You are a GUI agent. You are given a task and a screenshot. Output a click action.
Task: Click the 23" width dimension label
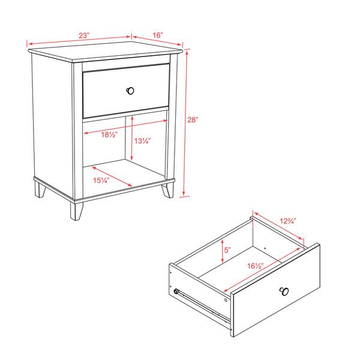[84, 36]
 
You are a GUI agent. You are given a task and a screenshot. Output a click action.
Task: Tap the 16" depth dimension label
[157, 36]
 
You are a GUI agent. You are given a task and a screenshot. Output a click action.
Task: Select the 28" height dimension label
[193, 120]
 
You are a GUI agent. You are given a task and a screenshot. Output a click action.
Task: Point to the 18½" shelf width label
[109, 135]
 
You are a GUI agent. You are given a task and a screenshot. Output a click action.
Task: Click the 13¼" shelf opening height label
[142, 142]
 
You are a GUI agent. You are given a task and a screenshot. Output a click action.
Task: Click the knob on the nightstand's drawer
[130, 91]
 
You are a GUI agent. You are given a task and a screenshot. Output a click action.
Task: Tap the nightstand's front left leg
[76, 210]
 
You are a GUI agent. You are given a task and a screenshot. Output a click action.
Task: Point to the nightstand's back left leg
[40, 190]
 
